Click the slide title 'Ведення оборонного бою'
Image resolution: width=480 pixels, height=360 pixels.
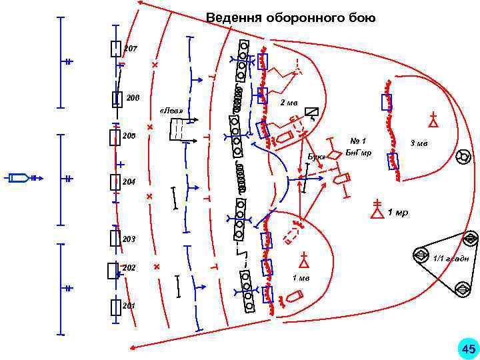[290, 18]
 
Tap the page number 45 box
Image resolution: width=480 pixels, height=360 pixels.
[468, 348]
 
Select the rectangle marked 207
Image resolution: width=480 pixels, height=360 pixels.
[116, 49]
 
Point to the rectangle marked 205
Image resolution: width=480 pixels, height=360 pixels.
[115, 137]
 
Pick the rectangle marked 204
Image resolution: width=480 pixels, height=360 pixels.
[115, 181]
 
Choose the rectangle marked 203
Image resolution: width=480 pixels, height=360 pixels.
[115, 238]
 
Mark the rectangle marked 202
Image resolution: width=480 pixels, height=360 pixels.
[113, 270]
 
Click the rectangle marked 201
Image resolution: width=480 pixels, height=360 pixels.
[115, 307]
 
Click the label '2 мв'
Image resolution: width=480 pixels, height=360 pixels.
[289, 103]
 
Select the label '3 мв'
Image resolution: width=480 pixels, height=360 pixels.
[419, 143]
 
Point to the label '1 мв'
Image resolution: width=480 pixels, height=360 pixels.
[301, 278]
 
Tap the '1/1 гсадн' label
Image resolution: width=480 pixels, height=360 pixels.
[451, 258]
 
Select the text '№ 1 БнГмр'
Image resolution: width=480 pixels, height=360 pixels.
[355, 147]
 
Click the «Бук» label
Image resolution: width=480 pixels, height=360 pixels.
[316, 157]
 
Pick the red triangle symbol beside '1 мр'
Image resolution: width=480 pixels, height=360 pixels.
[377, 211]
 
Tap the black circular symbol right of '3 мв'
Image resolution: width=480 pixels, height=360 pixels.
[461, 157]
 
